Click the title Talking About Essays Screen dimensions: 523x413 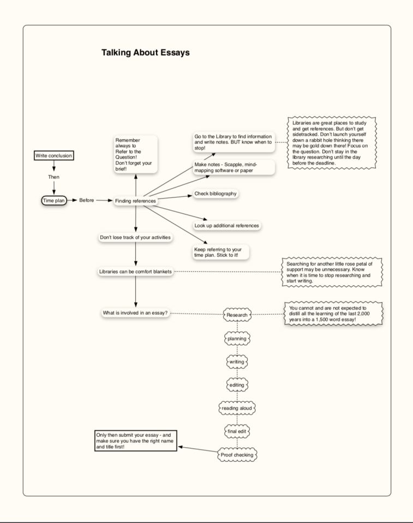click(145, 53)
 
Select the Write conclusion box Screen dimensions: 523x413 click(53, 155)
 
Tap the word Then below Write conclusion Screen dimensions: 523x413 click(53, 177)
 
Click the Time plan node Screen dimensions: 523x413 click(54, 201)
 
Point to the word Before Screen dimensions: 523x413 click(87, 201)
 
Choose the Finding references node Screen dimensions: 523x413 click(135, 201)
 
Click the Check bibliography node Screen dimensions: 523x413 click(216, 194)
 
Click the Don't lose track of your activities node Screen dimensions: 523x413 click(135, 238)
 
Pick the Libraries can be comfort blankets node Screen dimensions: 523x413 click(135, 272)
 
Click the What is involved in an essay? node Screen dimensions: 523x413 click(135, 313)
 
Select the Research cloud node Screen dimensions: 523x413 click(237, 315)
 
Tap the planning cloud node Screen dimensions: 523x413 click(237, 339)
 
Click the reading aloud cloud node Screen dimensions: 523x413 click(237, 408)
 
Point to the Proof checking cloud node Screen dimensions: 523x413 click(237, 454)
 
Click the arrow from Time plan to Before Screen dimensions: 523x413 click(72, 201)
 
